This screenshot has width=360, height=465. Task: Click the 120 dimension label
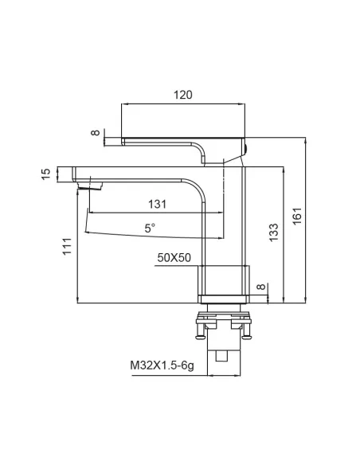point(183,95)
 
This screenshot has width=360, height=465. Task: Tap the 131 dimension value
point(157,204)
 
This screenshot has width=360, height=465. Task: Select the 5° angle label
point(150,228)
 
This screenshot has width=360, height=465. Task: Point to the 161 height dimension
point(297,217)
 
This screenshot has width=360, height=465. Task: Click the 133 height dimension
point(274,232)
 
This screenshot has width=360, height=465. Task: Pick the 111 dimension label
point(67,246)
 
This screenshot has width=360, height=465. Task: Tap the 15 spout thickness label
point(46,174)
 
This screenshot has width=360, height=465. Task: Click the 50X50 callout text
point(174,258)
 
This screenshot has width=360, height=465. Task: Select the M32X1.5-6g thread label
point(162,365)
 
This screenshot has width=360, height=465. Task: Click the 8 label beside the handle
point(96,132)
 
